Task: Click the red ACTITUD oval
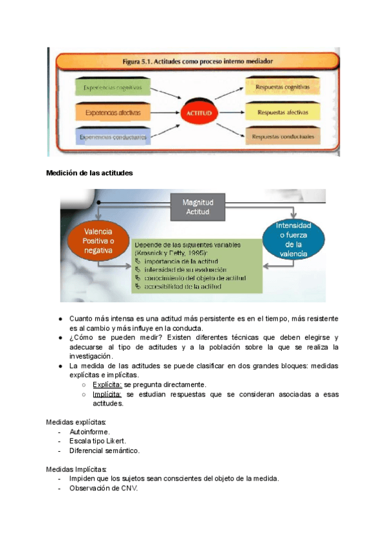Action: [199, 113]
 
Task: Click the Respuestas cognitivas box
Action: [282, 86]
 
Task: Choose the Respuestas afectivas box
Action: [282, 112]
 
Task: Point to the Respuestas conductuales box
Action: [282, 137]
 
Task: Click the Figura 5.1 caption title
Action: [198, 62]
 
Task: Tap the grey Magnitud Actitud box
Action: [199, 207]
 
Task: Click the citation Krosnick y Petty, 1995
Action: [169, 253]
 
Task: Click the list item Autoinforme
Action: [89, 432]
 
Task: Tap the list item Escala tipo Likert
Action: [98, 442]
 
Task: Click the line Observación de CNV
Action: [104, 488]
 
